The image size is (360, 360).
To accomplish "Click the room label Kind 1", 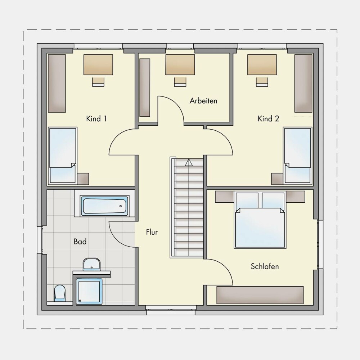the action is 96,119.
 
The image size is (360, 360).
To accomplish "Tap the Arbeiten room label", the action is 203,101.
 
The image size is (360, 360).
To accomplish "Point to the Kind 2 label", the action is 268,119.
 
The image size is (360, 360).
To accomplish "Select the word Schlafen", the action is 265,266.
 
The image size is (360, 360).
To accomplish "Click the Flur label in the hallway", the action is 152,232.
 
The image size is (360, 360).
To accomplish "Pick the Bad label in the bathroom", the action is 80,242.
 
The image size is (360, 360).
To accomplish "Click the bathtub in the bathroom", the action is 104,206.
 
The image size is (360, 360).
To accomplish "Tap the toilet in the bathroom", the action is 60,293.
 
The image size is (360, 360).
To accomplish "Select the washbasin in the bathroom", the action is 91,264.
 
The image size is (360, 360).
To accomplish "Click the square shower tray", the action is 89,292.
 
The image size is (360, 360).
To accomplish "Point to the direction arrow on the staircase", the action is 189,162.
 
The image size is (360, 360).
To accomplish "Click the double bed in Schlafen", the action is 260,220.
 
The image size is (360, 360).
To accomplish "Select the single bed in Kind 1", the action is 62,156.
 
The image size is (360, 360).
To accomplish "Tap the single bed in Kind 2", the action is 298,156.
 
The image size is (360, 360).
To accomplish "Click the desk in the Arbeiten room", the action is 180,64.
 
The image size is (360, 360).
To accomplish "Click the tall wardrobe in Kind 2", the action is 303,84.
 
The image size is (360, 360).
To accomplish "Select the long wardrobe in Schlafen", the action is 260,295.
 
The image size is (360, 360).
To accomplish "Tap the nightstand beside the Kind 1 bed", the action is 83,179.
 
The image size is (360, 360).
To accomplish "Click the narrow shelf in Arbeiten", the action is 145,87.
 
